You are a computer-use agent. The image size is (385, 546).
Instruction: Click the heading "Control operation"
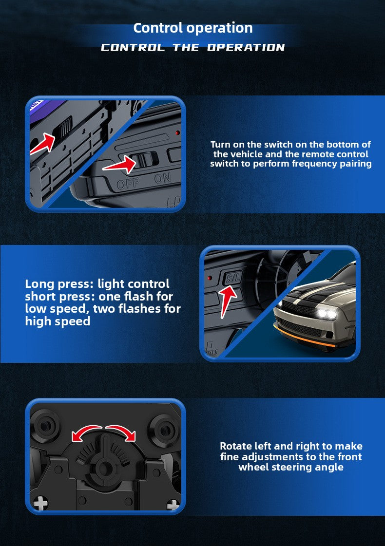click(192, 28)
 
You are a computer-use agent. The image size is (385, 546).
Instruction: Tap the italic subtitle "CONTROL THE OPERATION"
click(192, 47)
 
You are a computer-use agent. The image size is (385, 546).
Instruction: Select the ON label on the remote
click(162, 178)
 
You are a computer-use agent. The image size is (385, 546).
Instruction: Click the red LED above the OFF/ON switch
click(177, 133)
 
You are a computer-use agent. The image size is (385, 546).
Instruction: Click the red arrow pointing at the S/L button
click(227, 300)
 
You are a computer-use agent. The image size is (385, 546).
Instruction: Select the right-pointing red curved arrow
click(121, 432)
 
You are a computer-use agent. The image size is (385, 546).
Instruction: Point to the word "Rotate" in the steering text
click(236, 446)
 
